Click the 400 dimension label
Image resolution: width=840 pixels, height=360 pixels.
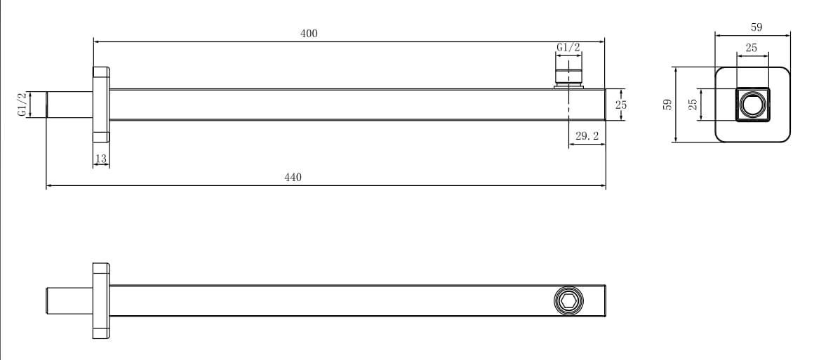[309, 34]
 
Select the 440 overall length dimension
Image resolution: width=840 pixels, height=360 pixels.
[293, 178]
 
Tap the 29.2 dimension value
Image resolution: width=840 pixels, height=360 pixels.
[587, 136]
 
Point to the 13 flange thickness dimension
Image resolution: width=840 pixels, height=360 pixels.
[101, 159]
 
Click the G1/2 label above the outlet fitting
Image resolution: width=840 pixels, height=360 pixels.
[568, 48]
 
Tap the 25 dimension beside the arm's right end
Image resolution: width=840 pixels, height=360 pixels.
[620, 105]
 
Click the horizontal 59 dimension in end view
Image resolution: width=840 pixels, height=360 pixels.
[756, 27]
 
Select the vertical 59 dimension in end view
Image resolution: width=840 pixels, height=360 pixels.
[667, 105]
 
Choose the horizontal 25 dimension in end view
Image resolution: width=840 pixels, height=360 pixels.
[752, 48]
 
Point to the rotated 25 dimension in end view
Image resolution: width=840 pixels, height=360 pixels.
[693, 105]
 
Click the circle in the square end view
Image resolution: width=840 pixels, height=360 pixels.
[752, 105]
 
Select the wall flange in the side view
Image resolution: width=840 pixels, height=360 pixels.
[101, 105]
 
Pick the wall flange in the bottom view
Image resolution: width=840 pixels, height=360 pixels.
[101, 300]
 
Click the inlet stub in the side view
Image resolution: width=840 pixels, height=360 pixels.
[69, 105]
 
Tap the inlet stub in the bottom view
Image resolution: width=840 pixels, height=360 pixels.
[69, 300]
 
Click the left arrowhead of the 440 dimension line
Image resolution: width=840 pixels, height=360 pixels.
[49, 186]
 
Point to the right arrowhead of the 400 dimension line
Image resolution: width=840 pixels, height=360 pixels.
[603, 41]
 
